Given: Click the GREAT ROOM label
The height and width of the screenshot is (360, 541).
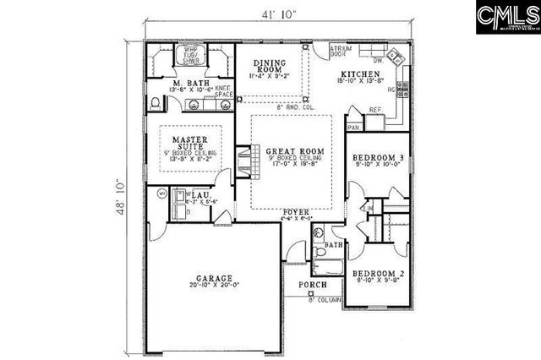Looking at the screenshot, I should tap(291, 152).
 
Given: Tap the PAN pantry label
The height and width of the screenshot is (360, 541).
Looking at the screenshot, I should tap(354, 127).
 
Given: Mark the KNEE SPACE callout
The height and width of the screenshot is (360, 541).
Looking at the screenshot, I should tap(223, 90).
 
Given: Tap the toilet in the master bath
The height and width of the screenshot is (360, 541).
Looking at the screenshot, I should tap(156, 103).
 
